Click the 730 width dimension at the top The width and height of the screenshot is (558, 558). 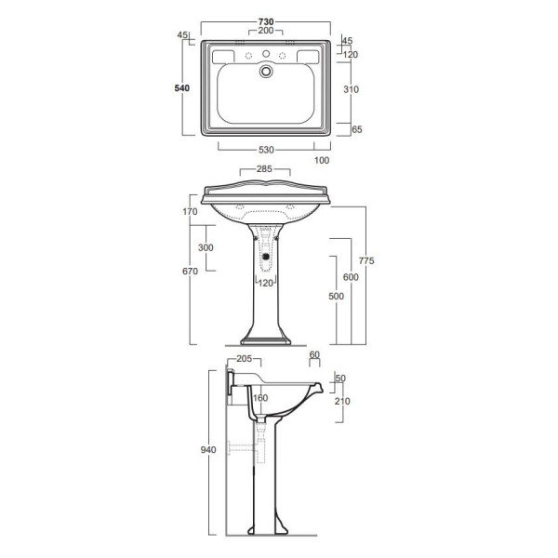tap(266, 21)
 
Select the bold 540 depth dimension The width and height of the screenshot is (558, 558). tap(182, 88)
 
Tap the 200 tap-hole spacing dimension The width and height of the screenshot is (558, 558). tap(266, 31)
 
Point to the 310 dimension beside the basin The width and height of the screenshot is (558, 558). tap(351, 89)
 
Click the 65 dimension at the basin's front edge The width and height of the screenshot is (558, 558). tap(356, 129)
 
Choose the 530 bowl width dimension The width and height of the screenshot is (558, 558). tap(266, 150)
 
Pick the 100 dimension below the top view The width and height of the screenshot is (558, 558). tap(322, 161)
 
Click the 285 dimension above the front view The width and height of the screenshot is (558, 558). tap(264, 169)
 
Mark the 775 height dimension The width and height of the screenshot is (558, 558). tap(366, 260)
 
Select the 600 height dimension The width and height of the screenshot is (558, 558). tap(351, 277)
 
